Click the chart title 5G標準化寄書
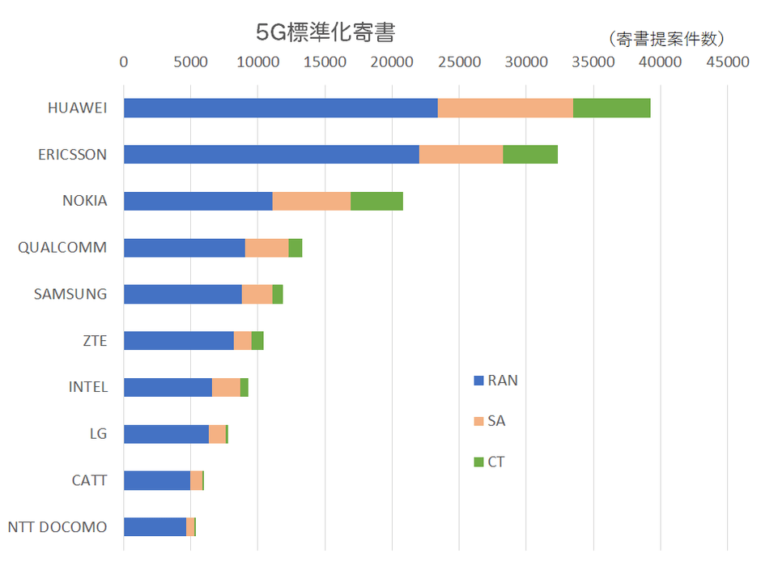(x=325, y=33)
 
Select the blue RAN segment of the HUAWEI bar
(x=280, y=108)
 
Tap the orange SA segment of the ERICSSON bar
(x=461, y=155)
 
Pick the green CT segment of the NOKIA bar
(x=376, y=201)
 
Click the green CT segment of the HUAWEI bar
(x=611, y=108)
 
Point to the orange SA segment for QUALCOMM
(x=266, y=248)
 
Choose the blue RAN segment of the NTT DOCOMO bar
(x=155, y=527)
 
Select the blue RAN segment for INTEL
(x=168, y=387)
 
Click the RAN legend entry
(x=495, y=380)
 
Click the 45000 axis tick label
(x=727, y=62)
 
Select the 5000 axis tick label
(x=190, y=62)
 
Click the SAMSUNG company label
(x=70, y=294)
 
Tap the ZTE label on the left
(x=95, y=341)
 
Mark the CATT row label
(x=89, y=480)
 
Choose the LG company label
(x=98, y=434)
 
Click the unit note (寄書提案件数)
(x=665, y=39)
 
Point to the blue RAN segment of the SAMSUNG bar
(x=182, y=294)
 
